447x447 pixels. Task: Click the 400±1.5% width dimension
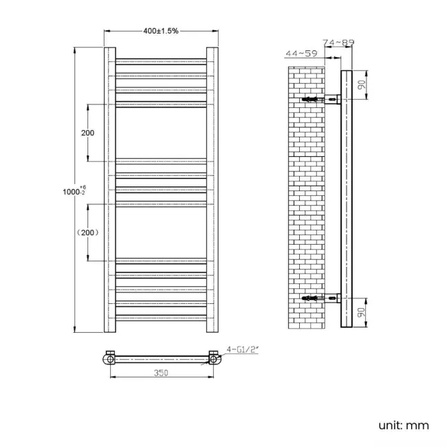161,31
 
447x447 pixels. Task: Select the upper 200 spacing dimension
87,133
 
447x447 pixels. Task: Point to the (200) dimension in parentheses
87,232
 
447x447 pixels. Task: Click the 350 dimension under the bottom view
161,373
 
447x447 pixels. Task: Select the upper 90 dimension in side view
360,85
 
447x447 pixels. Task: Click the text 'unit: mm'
403,425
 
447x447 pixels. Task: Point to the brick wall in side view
303,199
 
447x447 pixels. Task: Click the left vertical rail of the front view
109,189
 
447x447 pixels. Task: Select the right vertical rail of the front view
212,189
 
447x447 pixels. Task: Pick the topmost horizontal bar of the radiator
161,62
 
